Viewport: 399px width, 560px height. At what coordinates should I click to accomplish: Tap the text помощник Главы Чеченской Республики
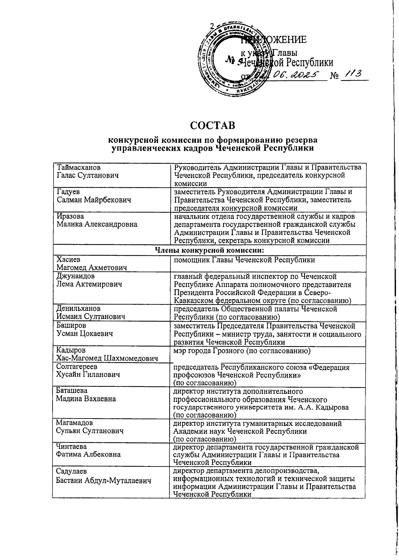click(x=244, y=260)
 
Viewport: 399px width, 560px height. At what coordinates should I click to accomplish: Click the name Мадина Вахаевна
click(x=86, y=399)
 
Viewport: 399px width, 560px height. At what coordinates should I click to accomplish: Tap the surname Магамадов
click(x=74, y=423)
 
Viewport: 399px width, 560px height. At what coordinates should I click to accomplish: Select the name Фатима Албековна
click(x=88, y=455)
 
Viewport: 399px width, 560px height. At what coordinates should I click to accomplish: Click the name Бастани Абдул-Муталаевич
click(x=104, y=481)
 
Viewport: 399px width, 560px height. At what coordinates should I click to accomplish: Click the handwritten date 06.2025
click(x=294, y=75)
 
